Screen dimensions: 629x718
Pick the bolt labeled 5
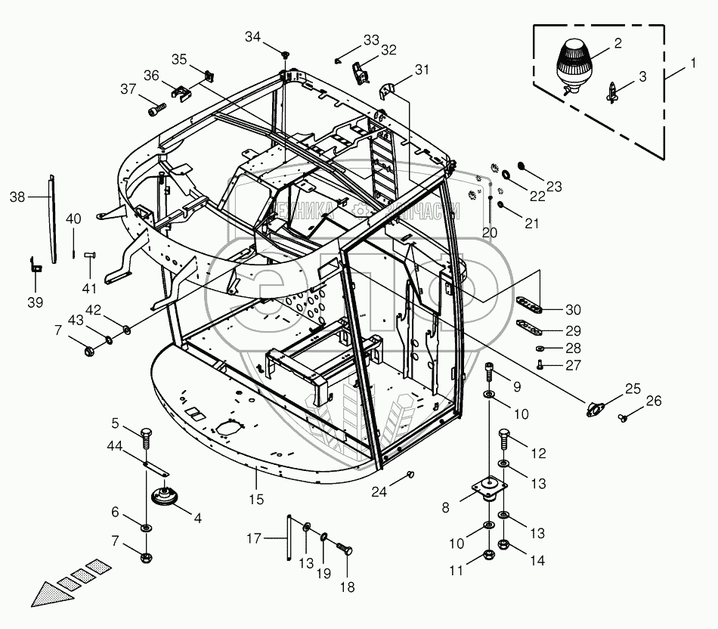[x=146, y=436]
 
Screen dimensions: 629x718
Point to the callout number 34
[x=252, y=37]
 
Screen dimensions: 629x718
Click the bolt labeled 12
[x=504, y=436]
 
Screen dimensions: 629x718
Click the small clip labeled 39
[x=34, y=266]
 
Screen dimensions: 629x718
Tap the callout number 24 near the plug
[x=388, y=492]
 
